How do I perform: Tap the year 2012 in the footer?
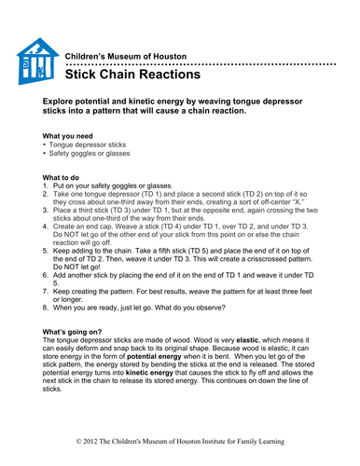tap(92, 438)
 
